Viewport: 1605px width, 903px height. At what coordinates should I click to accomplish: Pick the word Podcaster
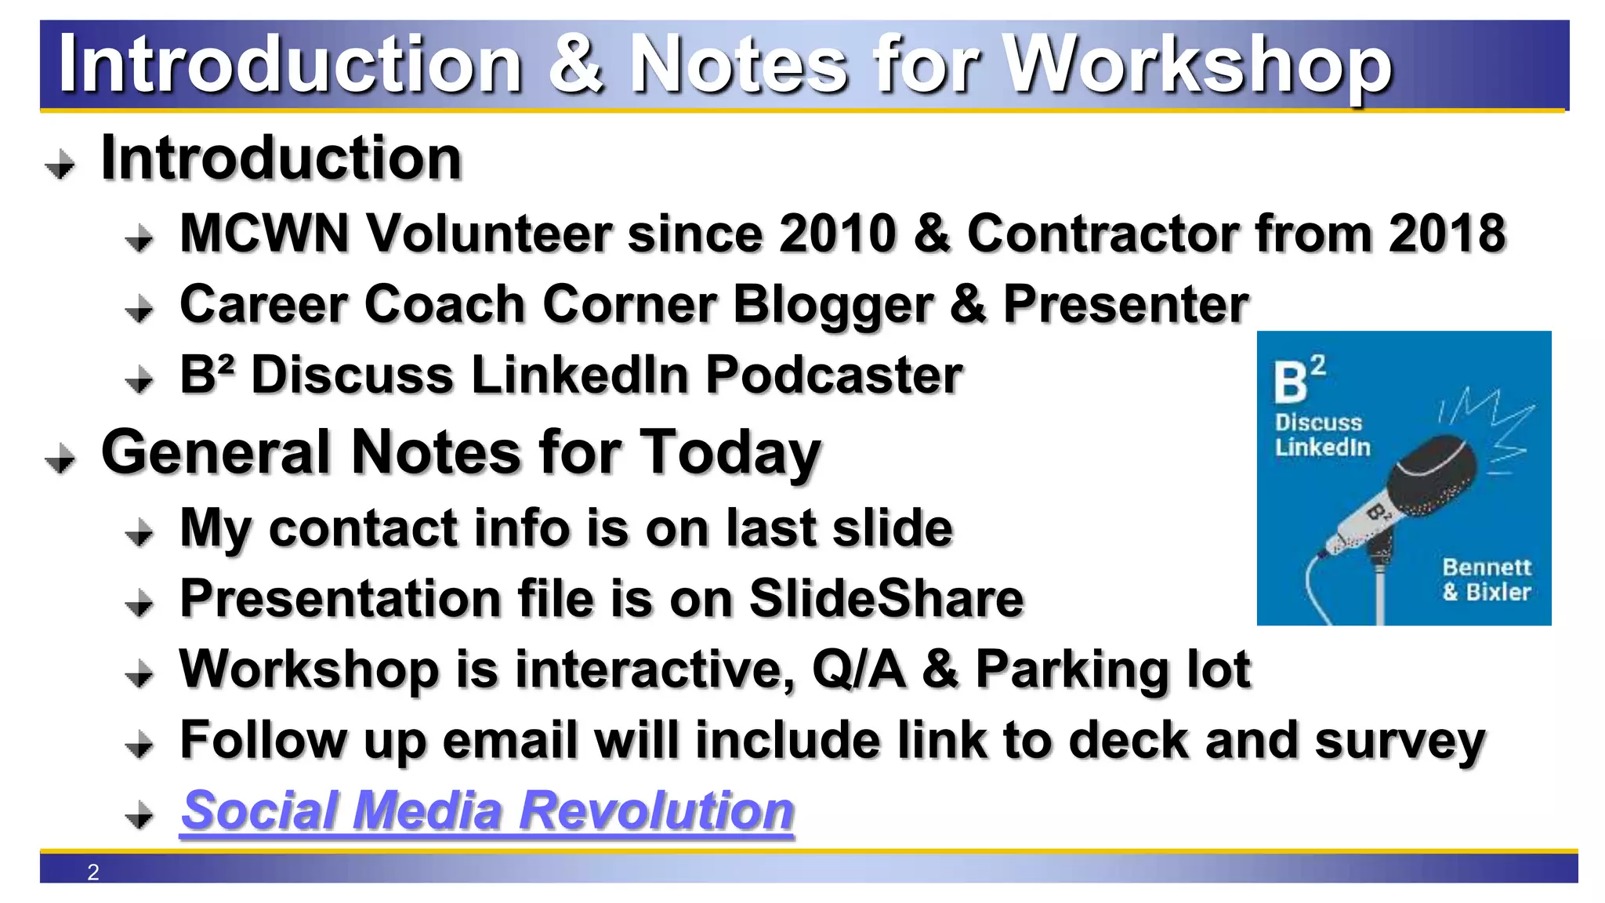pyautogui.click(x=834, y=375)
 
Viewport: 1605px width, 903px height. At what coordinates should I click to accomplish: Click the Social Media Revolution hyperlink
pyautogui.click(x=487, y=811)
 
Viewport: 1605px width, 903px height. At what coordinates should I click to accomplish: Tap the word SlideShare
pyautogui.click(x=886, y=599)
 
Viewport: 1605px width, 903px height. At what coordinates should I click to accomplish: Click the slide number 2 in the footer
pyautogui.click(x=93, y=872)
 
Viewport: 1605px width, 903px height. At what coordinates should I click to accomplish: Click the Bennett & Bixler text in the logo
pyautogui.click(x=1486, y=579)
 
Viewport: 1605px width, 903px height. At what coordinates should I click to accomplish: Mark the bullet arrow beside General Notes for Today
pyautogui.click(x=60, y=459)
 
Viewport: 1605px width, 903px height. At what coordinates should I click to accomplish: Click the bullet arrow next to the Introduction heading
pyautogui.click(x=60, y=165)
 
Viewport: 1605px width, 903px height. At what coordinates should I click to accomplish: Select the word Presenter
pyautogui.click(x=1125, y=304)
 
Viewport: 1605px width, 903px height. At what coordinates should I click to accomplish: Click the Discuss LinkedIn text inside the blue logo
pyautogui.click(x=1322, y=434)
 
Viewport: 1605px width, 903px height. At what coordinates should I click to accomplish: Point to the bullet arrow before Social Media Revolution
pyautogui.click(x=139, y=815)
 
